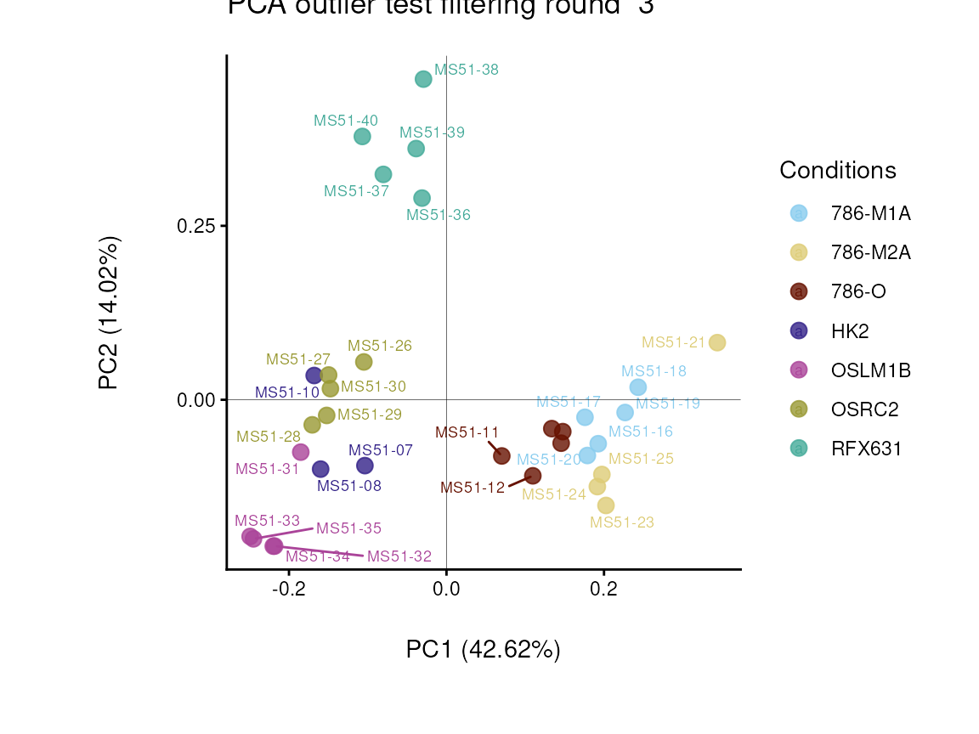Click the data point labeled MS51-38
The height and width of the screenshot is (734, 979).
click(423, 79)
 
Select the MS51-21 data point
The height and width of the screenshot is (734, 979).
click(717, 343)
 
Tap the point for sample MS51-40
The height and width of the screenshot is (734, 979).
click(362, 137)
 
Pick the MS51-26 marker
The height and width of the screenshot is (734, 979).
click(364, 362)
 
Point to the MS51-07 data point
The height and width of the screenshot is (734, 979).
click(365, 466)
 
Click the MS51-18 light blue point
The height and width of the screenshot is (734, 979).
click(638, 387)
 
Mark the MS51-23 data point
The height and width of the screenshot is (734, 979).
click(606, 505)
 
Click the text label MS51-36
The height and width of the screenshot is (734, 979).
click(439, 216)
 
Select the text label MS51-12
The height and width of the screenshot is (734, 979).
click(473, 488)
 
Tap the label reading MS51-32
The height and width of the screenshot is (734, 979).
click(399, 556)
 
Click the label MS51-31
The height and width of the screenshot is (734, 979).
click(267, 469)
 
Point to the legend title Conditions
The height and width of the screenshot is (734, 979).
click(838, 171)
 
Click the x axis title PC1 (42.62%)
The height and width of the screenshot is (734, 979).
click(484, 650)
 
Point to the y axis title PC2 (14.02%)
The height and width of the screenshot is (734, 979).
click(110, 313)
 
